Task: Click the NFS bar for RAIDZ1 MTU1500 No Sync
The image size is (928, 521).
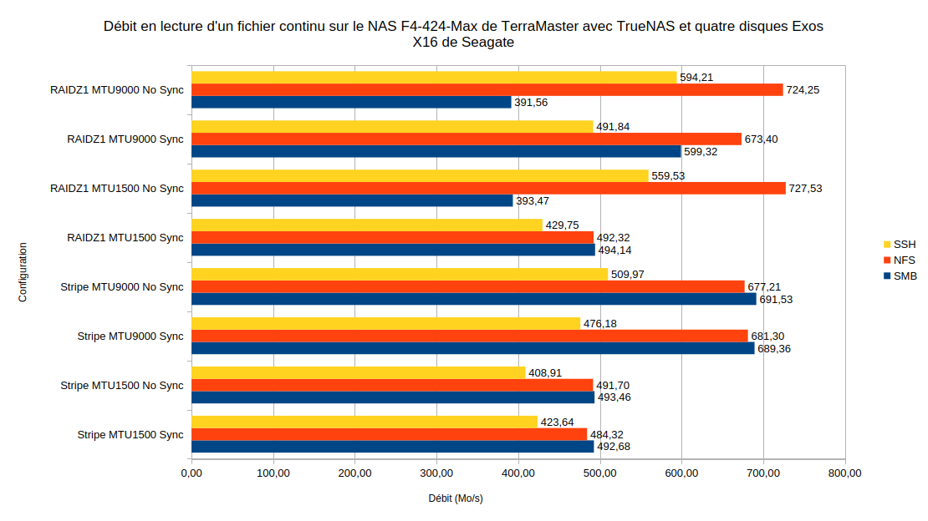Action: pos(488,188)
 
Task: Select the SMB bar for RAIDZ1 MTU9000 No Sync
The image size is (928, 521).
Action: pos(351,102)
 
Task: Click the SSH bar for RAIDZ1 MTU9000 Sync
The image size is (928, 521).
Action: pos(392,127)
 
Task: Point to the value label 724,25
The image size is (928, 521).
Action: pos(803,90)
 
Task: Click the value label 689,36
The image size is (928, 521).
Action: pos(774,349)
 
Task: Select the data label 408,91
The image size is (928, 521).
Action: pos(545,373)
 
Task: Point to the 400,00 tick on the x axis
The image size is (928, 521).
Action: pos(518,473)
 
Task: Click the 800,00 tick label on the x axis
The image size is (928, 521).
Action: pos(844,473)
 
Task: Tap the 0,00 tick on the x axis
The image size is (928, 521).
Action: pos(191,473)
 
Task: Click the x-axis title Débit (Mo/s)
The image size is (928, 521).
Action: pos(456,498)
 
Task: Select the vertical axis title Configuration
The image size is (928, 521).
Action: pos(23,271)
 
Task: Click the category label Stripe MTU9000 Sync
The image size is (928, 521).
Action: pos(130,336)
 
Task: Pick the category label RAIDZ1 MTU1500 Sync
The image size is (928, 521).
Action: pos(125,238)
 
